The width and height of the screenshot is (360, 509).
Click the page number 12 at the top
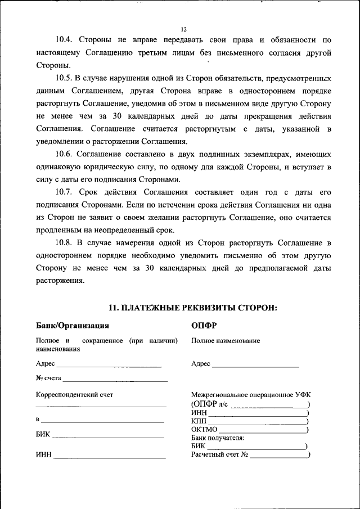[183, 30]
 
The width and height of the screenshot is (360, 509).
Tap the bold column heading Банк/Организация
[72, 325]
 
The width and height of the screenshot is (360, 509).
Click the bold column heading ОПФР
[204, 325]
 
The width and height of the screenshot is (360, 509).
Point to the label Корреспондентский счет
[74, 395]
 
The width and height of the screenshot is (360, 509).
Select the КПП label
[199, 421]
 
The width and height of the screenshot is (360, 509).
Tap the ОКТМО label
[204, 430]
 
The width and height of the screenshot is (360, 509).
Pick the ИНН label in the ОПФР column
[199, 413]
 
